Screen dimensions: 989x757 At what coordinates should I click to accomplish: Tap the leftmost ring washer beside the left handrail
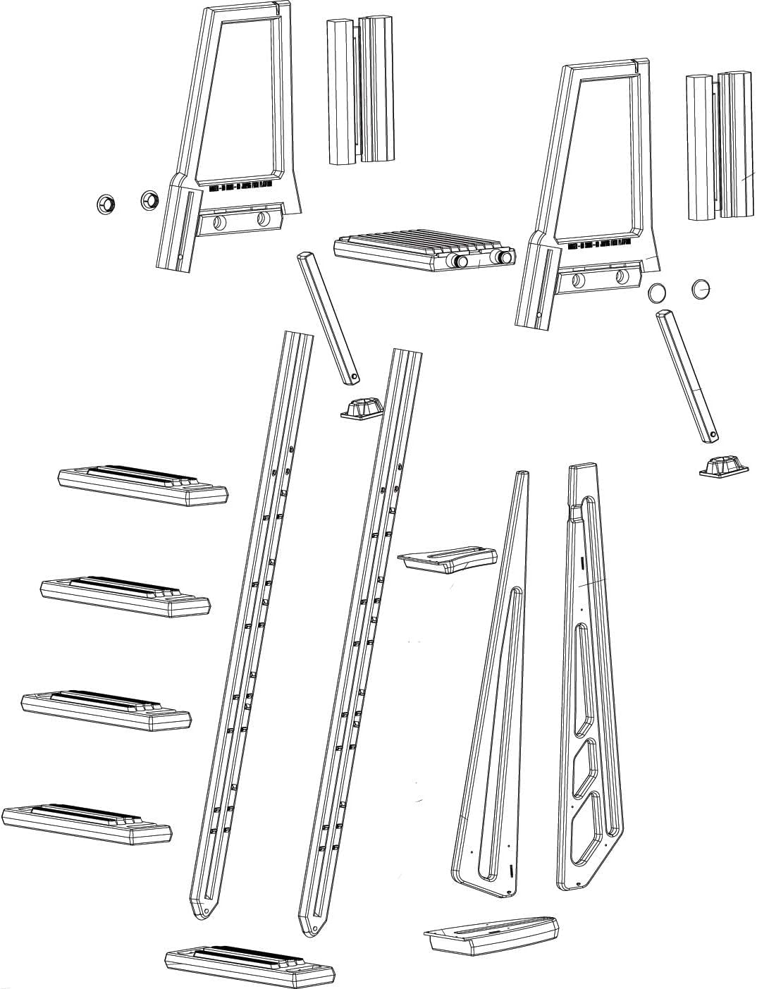tap(106, 205)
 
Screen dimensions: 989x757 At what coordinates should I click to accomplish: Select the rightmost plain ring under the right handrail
tap(702, 288)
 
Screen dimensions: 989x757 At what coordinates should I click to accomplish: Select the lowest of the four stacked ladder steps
tap(87, 823)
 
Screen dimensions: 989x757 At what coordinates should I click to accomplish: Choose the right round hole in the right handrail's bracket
tap(621, 276)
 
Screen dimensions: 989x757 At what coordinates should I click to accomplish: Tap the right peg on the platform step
tap(503, 258)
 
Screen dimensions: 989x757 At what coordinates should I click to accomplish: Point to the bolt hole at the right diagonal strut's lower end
tap(712, 434)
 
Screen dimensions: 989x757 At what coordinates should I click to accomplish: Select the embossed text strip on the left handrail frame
tap(240, 187)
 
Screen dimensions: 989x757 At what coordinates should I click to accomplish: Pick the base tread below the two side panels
tap(491, 935)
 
